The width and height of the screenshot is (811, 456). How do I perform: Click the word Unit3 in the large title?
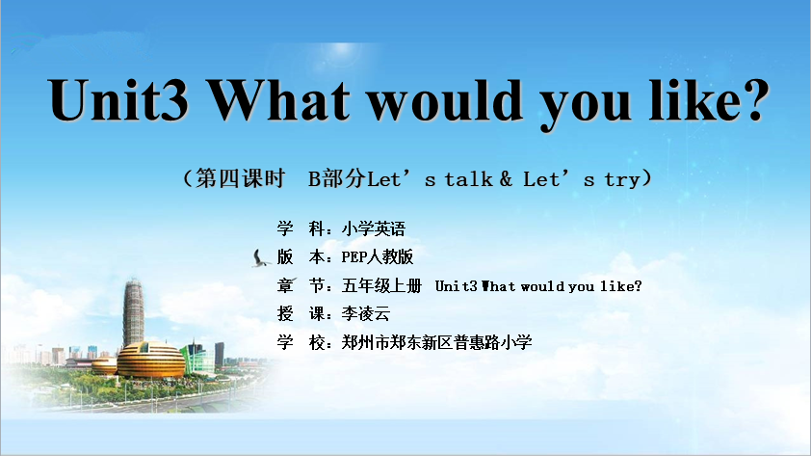click(x=118, y=100)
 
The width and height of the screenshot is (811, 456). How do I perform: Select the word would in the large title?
click(x=446, y=100)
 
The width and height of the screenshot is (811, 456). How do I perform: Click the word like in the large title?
click(x=693, y=100)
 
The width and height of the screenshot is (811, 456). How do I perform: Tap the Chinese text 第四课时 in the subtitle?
click(x=241, y=178)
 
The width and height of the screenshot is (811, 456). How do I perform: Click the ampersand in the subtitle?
click(x=506, y=179)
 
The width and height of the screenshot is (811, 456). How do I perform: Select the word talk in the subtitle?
click(x=469, y=179)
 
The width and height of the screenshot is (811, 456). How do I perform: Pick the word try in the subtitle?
click(x=623, y=180)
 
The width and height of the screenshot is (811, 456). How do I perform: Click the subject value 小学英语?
click(x=374, y=228)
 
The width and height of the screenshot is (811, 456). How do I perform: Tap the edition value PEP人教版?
click(x=377, y=256)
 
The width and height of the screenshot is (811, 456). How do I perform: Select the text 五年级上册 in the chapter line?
click(x=381, y=285)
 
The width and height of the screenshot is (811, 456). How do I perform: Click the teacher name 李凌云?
click(x=366, y=313)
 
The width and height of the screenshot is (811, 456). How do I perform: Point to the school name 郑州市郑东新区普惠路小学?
click(x=436, y=342)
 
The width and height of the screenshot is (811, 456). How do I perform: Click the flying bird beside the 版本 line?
click(x=260, y=258)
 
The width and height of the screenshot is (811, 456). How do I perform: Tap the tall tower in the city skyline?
click(x=134, y=312)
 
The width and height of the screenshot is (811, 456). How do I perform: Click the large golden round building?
click(x=151, y=360)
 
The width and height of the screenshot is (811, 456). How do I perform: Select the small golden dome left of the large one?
click(x=104, y=365)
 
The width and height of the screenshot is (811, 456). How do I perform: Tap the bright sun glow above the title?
click(x=341, y=49)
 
